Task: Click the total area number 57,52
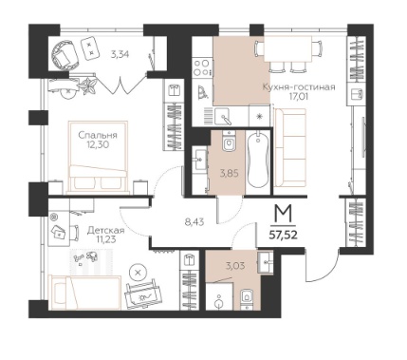[283, 236]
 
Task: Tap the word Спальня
[98, 136]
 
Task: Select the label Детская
[106, 230]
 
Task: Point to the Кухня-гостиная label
[299, 87]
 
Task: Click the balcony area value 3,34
[120, 55]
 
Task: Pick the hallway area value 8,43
[194, 222]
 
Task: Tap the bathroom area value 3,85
[229, 173]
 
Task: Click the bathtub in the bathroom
[258, 161]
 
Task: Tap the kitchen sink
[223, 116]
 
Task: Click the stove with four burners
[202, 67]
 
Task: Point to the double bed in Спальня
[99, 157]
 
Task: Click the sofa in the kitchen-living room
[290, 148]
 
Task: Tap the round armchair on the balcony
[65, 55]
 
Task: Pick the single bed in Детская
[85, 293]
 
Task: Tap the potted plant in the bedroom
[88, 85]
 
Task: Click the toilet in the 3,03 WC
[247, 298]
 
